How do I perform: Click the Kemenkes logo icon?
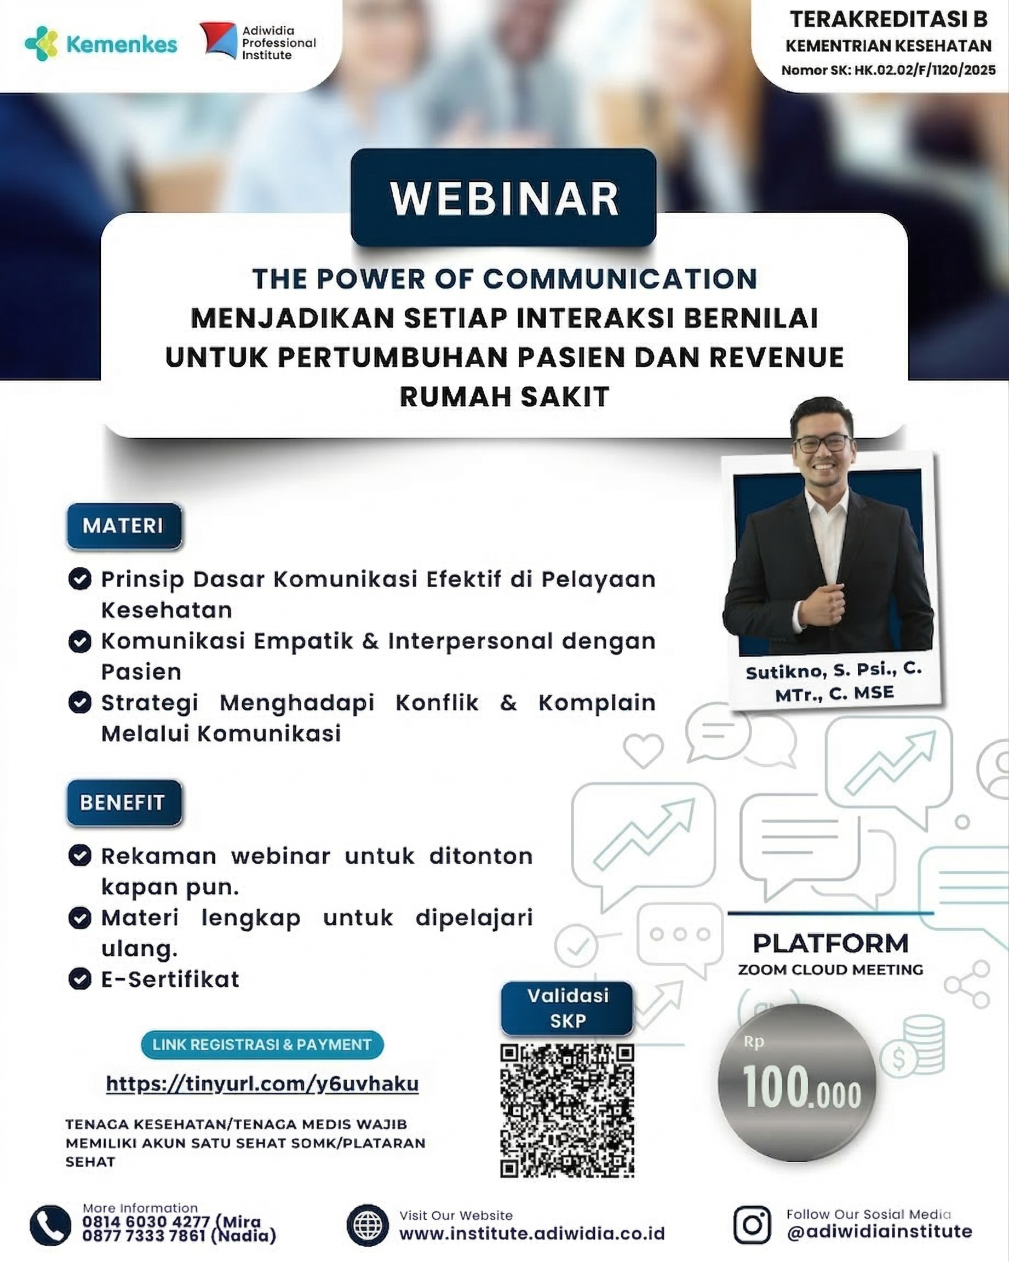point(41,43)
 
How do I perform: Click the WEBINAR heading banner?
point(503,198)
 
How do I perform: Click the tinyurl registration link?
point(262,1084)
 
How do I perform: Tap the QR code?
point(567,1110)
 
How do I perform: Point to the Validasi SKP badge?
point(567,1008)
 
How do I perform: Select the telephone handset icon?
point(50,1226)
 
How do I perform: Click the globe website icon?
point(368,1226)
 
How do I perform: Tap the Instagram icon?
point(752,1225)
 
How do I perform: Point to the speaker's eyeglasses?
point(822,443)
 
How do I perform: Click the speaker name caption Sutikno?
point(835,682)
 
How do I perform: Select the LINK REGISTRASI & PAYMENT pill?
point(262,1045)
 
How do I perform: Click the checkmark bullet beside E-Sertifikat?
point(79,979)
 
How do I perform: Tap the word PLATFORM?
point(830,944)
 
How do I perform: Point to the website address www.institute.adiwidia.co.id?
point(532,1234)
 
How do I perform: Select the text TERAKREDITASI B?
point(888,19)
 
